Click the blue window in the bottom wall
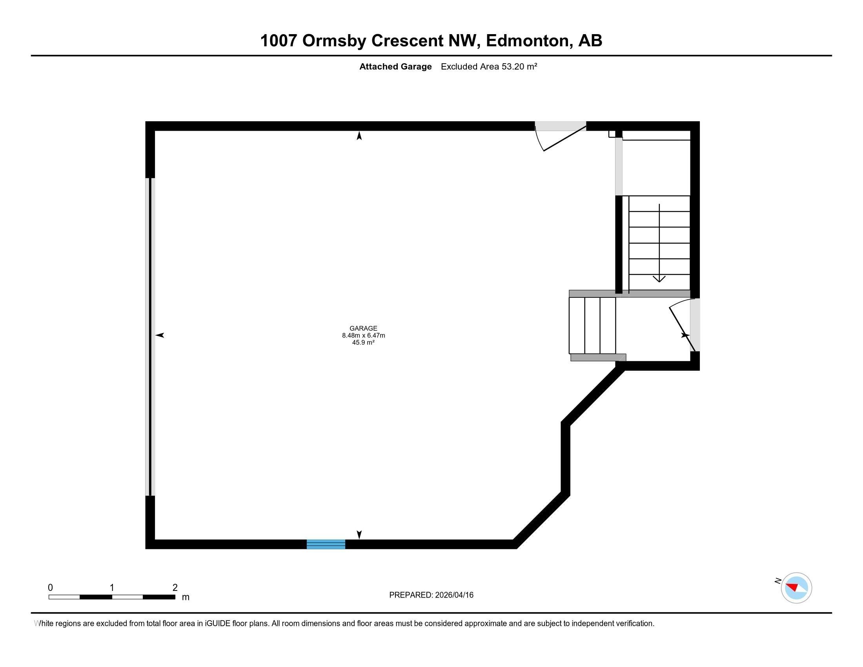326,544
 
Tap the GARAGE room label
363,328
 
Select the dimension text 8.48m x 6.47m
363,335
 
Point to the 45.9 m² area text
363,343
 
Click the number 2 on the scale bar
175,588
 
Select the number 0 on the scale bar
50,588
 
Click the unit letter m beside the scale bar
185,598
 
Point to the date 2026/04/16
454,595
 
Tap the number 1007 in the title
278,41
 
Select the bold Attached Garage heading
395,67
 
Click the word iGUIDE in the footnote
217,623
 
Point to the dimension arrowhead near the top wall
359,136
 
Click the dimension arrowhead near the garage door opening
160,335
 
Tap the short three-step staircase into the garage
592,325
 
